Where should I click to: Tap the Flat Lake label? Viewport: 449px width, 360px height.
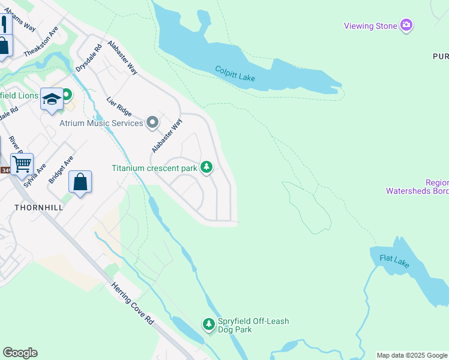coord(395,262)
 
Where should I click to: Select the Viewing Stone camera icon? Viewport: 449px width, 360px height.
coord(407,25)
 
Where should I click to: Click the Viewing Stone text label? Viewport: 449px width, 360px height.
coord(370,26)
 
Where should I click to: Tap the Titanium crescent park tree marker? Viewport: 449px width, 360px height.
coord(206,167)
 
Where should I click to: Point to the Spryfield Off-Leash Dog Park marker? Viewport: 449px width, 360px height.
coord(208,325)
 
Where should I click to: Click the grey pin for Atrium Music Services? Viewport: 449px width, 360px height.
coord(152,122)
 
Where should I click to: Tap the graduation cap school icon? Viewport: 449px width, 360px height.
coord(52,98)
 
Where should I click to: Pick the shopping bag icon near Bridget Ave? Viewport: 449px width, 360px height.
coord(80,182)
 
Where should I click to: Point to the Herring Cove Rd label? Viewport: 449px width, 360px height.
coord(133,304)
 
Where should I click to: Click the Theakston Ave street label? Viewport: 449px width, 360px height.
coord(41,42)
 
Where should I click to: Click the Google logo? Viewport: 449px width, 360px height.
coord(20,353)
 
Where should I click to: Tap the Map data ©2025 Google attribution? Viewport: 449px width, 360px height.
coord(412,355)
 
